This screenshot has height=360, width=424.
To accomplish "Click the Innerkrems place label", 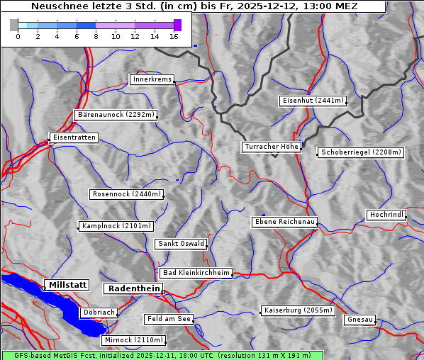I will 152,79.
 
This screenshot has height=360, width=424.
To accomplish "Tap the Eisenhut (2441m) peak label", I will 313,101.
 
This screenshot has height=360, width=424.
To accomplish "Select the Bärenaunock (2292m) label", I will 115,114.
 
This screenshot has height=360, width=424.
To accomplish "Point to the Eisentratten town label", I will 73,137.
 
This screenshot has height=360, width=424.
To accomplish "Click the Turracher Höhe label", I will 272,147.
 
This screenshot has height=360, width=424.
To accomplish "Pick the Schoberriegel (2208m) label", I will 361,152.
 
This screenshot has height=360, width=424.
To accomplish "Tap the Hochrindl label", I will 387,215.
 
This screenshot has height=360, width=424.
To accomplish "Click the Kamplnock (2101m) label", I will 116,226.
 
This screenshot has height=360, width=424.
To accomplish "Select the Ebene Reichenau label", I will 285,222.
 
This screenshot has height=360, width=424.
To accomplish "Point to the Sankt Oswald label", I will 181,244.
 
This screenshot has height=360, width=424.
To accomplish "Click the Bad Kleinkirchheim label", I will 196,273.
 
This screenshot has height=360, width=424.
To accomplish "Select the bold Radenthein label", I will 133,288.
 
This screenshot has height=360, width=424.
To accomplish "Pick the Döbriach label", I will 99,313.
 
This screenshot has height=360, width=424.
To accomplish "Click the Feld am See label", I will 169,319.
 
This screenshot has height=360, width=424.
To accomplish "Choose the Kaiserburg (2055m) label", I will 298,310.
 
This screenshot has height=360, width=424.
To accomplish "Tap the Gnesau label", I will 360,320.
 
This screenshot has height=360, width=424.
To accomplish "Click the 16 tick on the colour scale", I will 174,36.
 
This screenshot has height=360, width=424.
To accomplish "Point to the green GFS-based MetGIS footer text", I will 162,355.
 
